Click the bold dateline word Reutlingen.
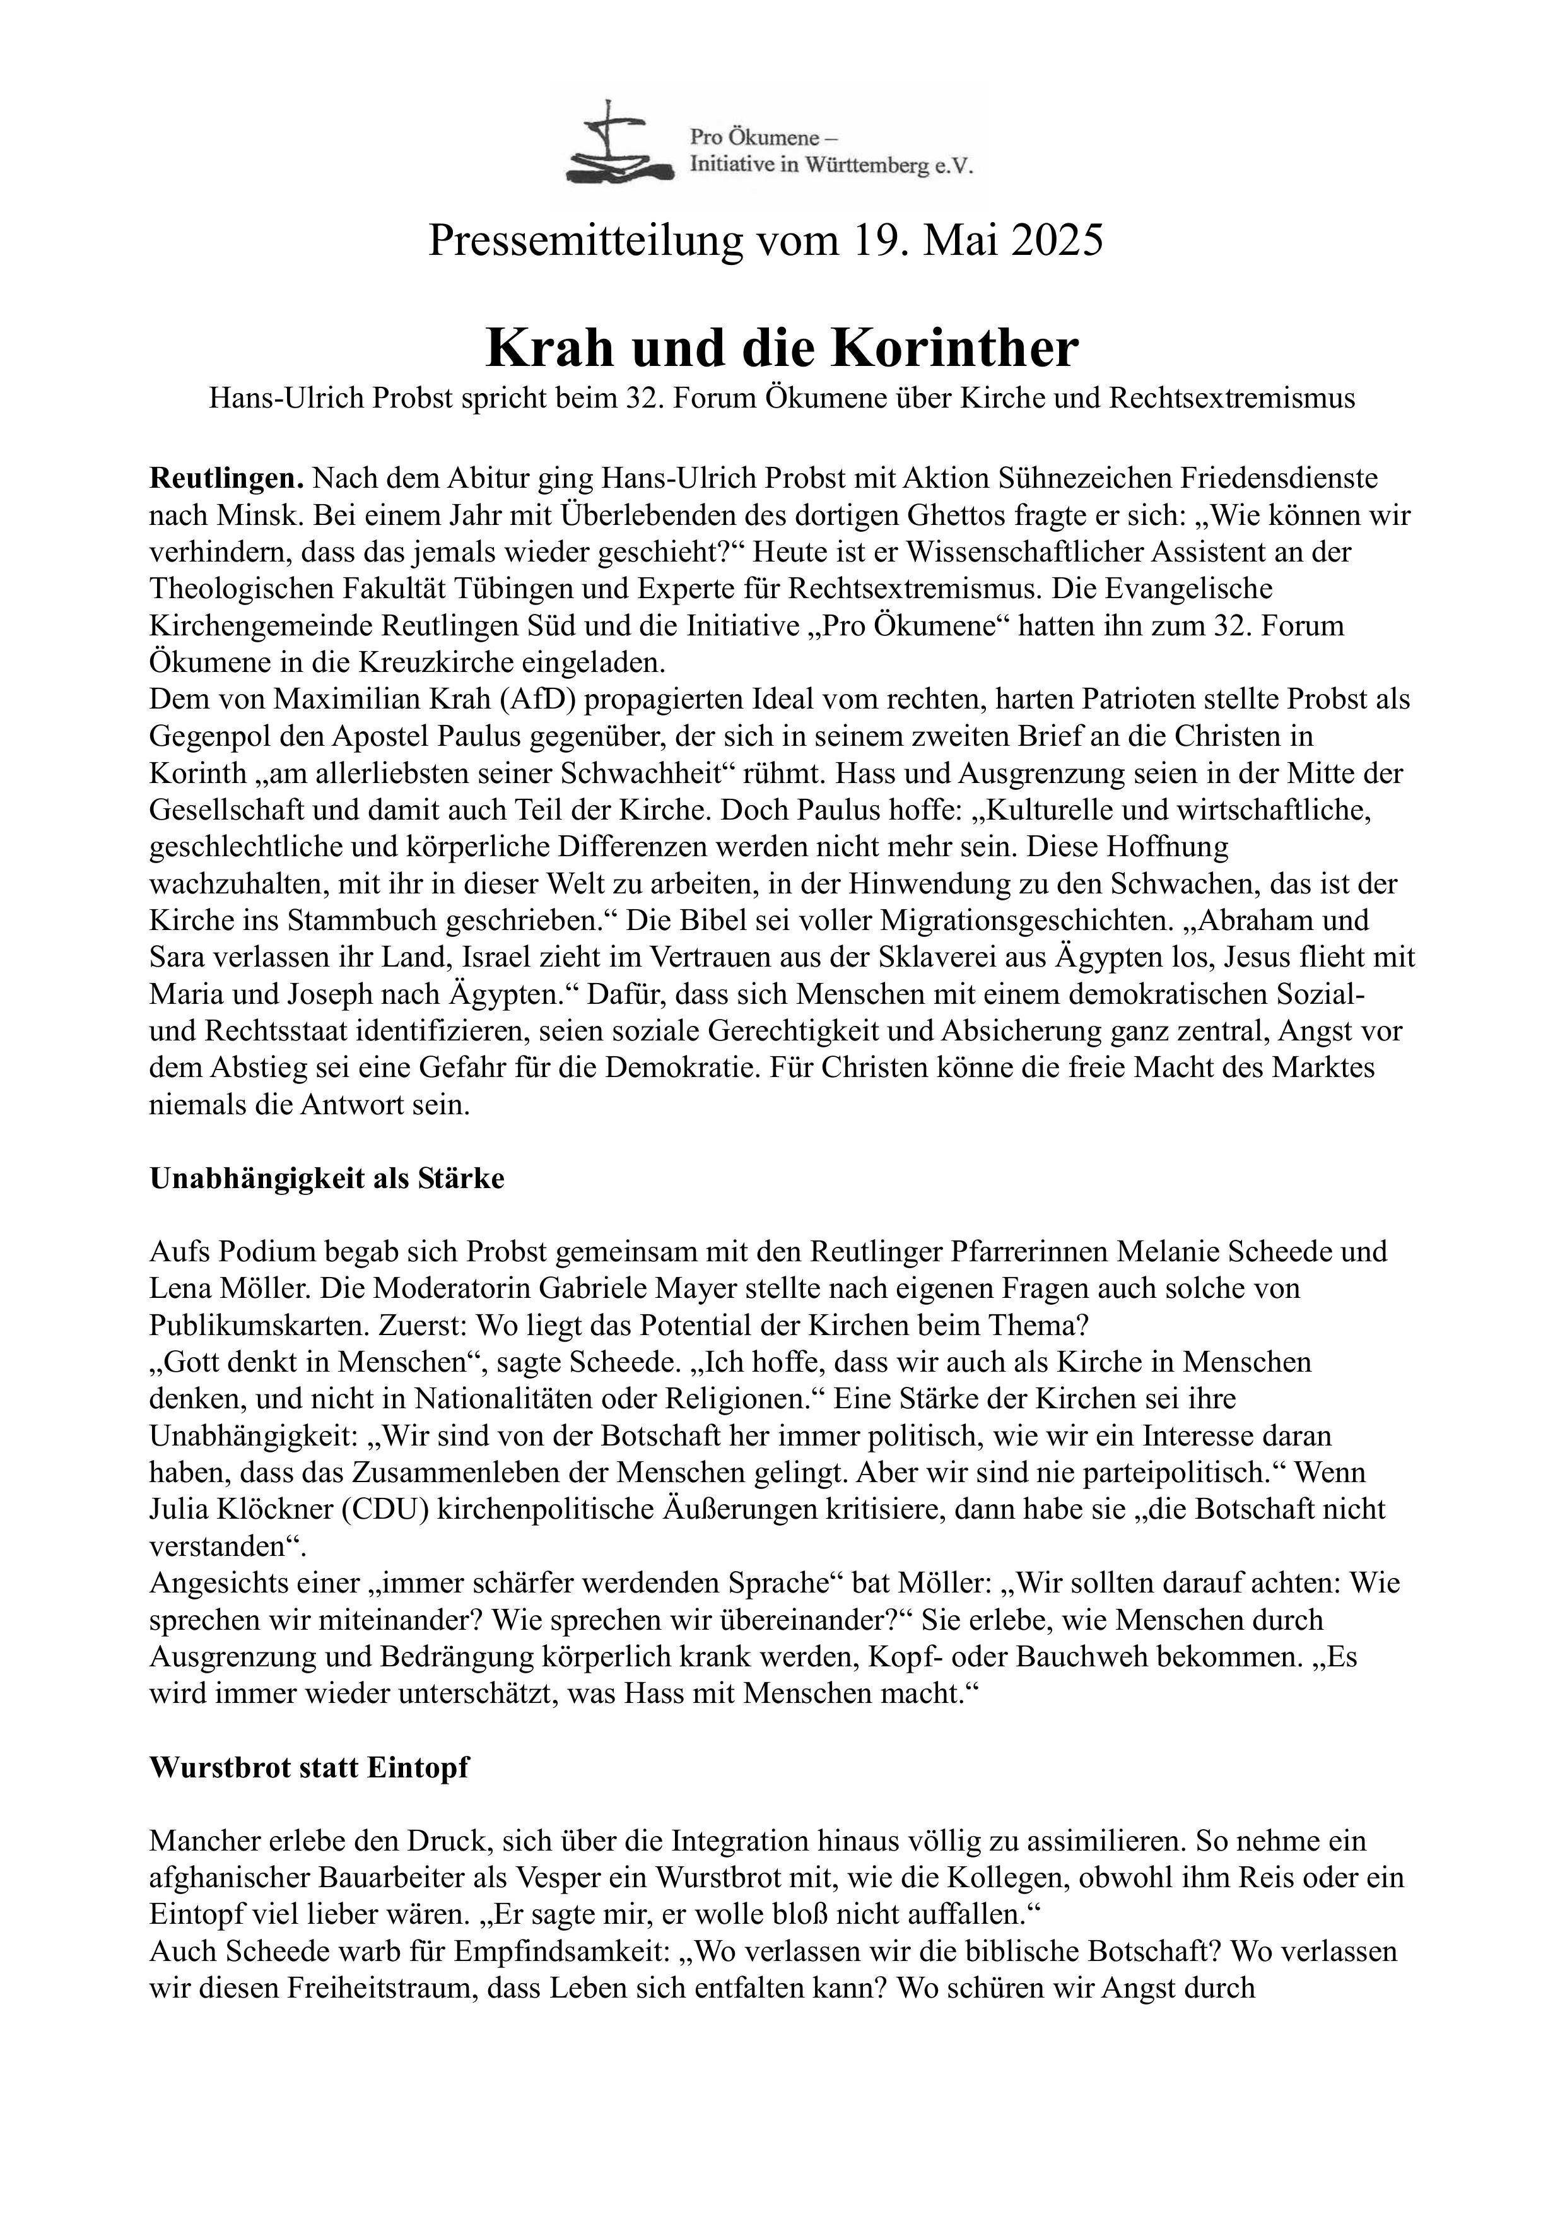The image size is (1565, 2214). (226, 478)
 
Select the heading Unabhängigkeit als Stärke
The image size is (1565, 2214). (327, 1179)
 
